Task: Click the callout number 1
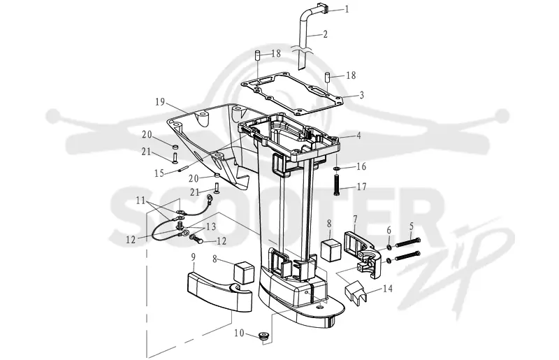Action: click(347, 9)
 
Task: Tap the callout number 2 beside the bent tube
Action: click(325, 34)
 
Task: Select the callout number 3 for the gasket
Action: click(361, 95)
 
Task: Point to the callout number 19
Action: click(160, 102)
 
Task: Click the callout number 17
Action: click(361, 187)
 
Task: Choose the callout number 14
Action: click(388, 288)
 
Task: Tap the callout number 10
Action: click(239, 333)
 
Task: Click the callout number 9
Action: click(194, 257)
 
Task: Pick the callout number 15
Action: click(159, 173)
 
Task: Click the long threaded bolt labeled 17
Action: click(337, 183)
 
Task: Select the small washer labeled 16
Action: click(337, 168)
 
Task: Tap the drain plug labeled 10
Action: click(263, 336)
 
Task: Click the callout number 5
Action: click(412, 226)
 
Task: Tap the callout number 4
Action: click(358, 136)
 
